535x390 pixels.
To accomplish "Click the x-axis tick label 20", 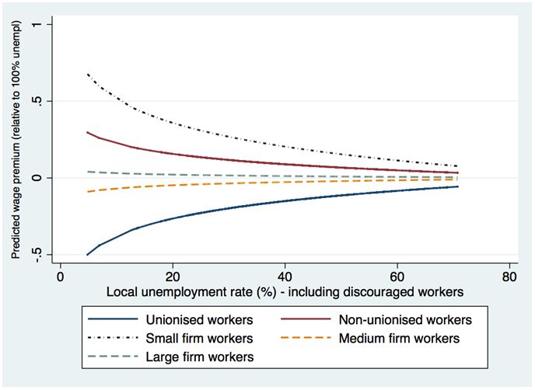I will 172,277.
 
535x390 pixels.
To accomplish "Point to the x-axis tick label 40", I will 285,277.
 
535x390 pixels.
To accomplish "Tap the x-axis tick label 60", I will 397,277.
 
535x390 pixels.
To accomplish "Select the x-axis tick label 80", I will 509,277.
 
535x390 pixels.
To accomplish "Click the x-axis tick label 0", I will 60,277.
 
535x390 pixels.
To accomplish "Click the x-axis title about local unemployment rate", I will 285,293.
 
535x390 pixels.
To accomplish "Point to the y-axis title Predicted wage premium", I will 16,141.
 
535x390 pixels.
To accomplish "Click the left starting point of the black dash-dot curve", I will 88,74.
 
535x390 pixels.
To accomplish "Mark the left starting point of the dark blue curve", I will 88,254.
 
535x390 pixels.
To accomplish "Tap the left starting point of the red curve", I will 88,132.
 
